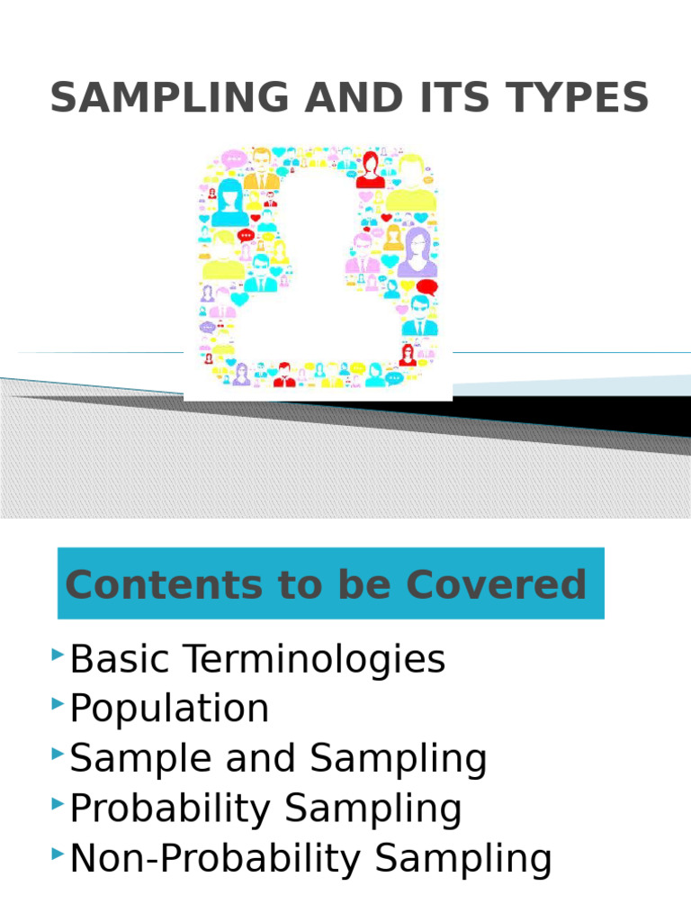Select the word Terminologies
click(315, 660)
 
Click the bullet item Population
click(169, 709)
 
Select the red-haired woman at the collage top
click(370, 167)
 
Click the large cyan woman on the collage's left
click(229, 203)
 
